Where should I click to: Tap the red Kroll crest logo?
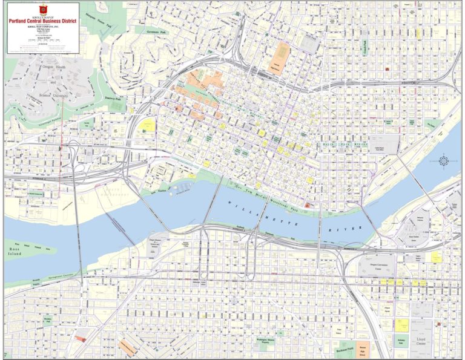tap(43, 9)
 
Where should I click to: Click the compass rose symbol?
tap(444, 161)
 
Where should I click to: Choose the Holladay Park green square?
tap(401, 341)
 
